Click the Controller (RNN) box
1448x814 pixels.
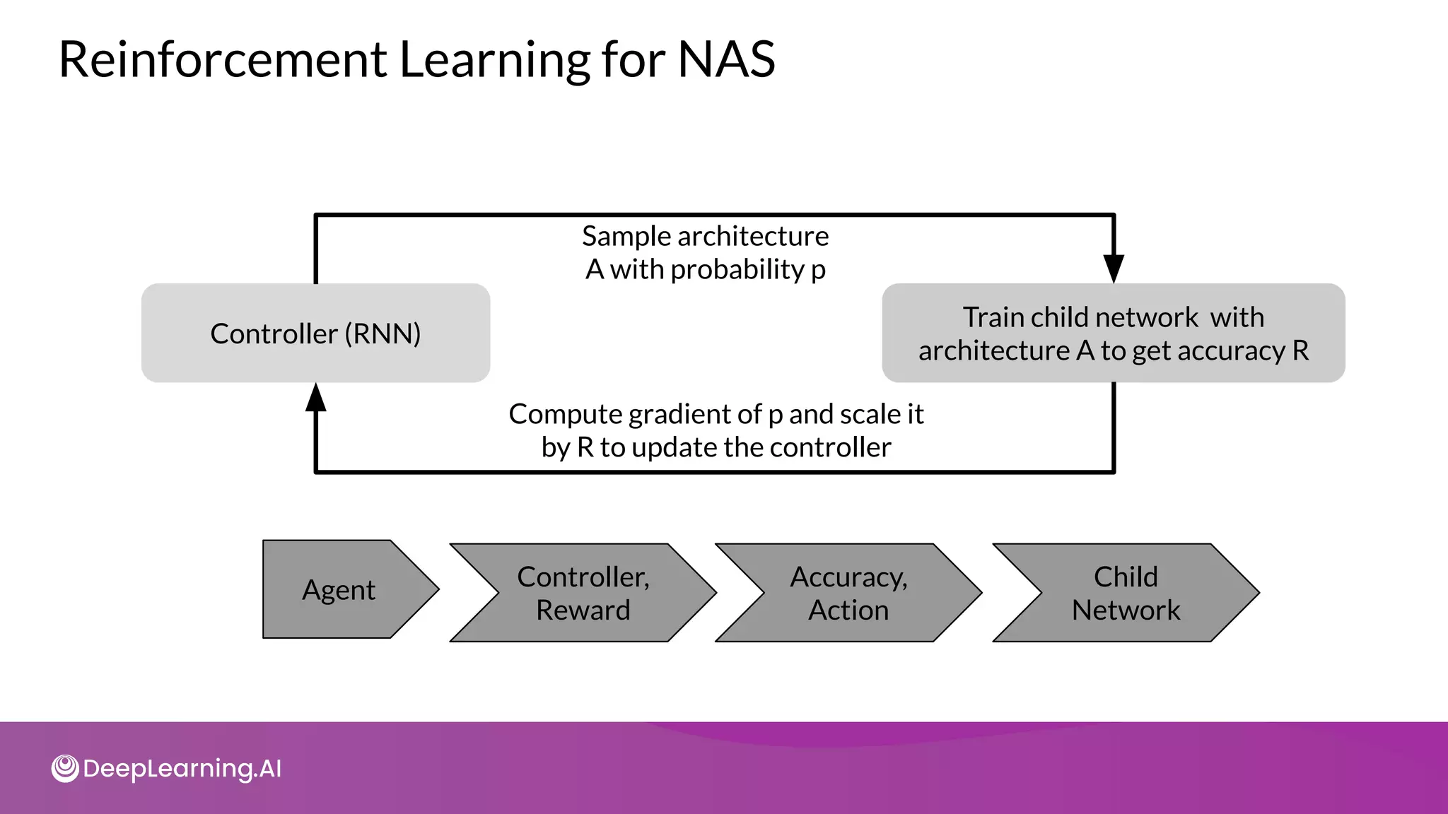tap(315, 333)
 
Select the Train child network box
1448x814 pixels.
tap(1113, 333)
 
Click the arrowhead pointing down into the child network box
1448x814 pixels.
tap(1114, 269)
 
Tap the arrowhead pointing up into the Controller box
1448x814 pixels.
tap(316, 398)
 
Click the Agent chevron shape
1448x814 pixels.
tap(339, 589)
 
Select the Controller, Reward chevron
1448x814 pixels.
tap(583, 593)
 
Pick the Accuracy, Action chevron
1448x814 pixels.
tap(848, 593)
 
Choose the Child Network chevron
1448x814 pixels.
tap(1126, 593)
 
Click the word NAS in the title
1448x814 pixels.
tap(726, 59)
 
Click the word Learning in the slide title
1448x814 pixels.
tap(495, 59)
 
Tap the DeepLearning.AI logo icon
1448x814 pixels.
tap(65, 769)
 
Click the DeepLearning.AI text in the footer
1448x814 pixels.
tap(182, 769)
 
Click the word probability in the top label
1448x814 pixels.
tap(737, 269)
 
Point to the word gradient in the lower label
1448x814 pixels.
tap(683, 415)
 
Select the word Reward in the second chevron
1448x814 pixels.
tap(583, 610)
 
